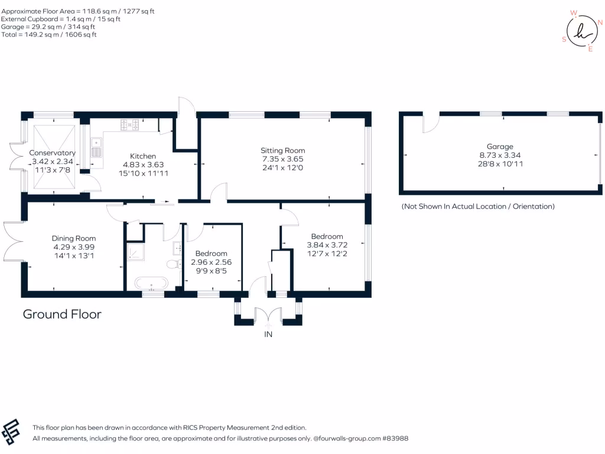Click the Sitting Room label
(x=283, y=150)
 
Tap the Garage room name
(x=500, y=147)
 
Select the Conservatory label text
(x=53, y=153)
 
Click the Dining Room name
(x=73, y=238)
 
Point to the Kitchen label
(x=142, y=156)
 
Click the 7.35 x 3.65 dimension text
(x=283, y=159)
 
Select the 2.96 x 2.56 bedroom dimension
(x=211, y=262)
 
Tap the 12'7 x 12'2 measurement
(x=327, y=254)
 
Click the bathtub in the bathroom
(x=152, y=283)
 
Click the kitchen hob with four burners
(x=130, y=124)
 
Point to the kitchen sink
(x=96, y=148)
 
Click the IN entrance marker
(x=268, y=335)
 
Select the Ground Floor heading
(x=62, y=314)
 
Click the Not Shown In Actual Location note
(x=477, y=206)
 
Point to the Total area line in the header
(x=48, y=34)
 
